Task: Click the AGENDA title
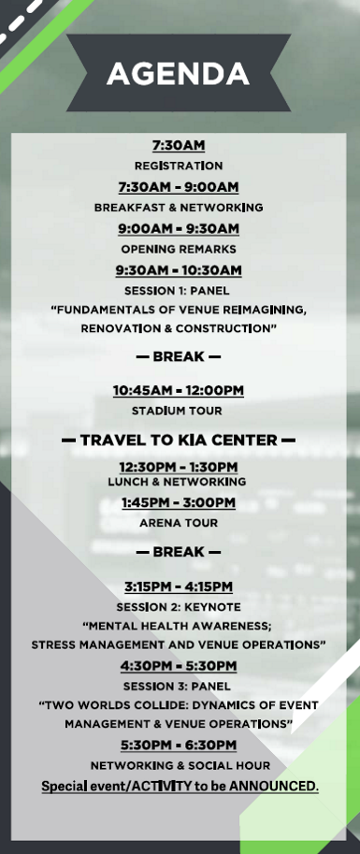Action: pyautogui.click(x=178, y=74)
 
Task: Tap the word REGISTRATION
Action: pyautogui.click(x=179, y=166)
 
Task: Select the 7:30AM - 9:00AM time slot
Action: pyautogui.click(x=179, y=187)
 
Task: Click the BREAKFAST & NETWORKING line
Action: pyautogui.click(x=179, y=208)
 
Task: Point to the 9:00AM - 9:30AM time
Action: pyautogui.click(x=179, y=229)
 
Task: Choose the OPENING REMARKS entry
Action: pyautogui.click(x=179, y=250)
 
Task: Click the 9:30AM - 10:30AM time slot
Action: pyautogui.click(x=179, y=270)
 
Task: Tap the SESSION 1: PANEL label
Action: pyautogui.click(x=177, y=291)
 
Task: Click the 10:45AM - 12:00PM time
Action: pyautogui.click(x=179, y=390)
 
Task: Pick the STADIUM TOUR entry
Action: pyautogui.click(x=177, y=412)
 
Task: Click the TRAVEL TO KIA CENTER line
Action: pyautogui.click(x=179, y=440)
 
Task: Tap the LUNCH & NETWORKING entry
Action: pyautogui.click(x=177, y=482)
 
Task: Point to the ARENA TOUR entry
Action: pyautogui.click(x=179, y=523)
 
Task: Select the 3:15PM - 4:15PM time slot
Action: pyautogui.click(x=179, y=586)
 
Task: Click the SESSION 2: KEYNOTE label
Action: pyautogui.click(x=179, y=607)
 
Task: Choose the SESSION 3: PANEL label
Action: pyautogui.click(x=177, y=687)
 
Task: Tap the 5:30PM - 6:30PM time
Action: pyautogui.click(x=179, y=745)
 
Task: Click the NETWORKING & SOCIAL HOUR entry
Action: pyautogui.click(x=180, y=766)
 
